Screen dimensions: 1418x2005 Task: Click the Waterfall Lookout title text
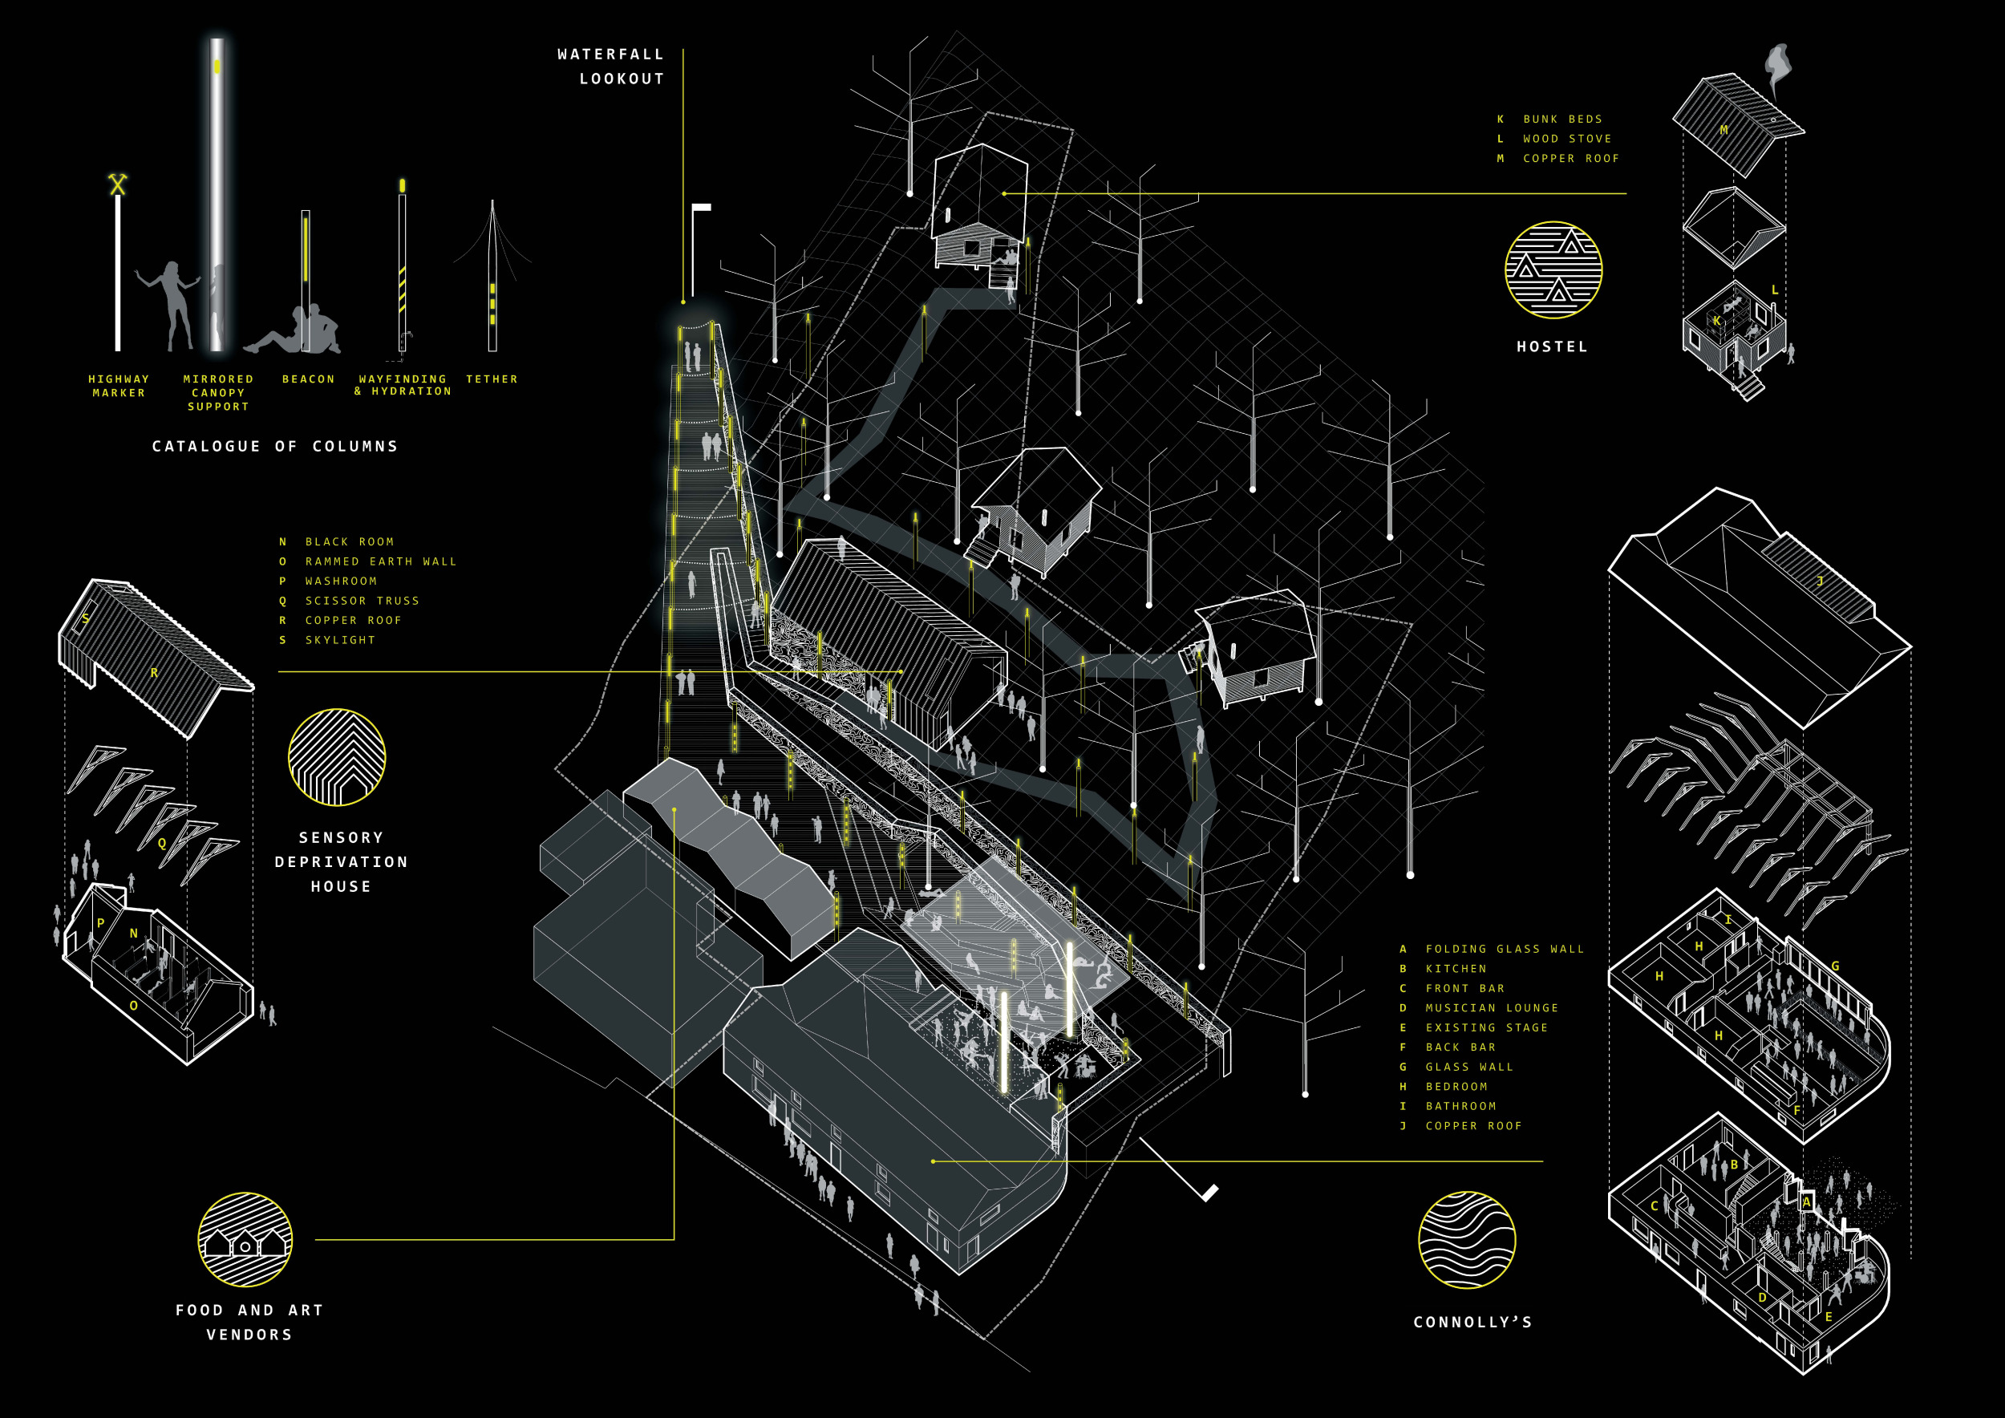point(611,67)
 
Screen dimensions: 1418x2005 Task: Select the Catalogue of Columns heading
point(275,446)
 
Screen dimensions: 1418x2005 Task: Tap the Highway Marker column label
point(119,386)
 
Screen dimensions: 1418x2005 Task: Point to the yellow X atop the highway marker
point(118,184)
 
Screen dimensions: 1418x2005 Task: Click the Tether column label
point(492,379)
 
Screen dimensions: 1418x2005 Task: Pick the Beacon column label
point(308,379)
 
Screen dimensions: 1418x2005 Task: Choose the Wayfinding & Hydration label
point(403,385)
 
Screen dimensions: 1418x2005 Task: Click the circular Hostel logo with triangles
point(1553,269)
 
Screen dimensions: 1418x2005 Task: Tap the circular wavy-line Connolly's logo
point(1467,1240)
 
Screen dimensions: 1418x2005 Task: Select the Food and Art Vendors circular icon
point(245,1240)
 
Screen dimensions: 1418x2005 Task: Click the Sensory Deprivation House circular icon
point(337,757)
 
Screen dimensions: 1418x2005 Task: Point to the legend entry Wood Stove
point(1566,139)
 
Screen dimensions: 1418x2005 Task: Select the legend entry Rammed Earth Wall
point(381,561)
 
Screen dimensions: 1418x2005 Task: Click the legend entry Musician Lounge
point(1492,1007)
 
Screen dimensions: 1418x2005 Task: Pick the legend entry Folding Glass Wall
point(1505,949)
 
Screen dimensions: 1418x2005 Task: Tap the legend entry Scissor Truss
point(362,601)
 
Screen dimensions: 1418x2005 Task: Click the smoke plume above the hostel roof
point(1777,66)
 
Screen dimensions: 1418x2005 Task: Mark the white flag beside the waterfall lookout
point(701,208)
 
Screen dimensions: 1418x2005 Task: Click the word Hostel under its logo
point(1552,346)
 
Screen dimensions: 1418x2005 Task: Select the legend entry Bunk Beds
point(1562,119)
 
